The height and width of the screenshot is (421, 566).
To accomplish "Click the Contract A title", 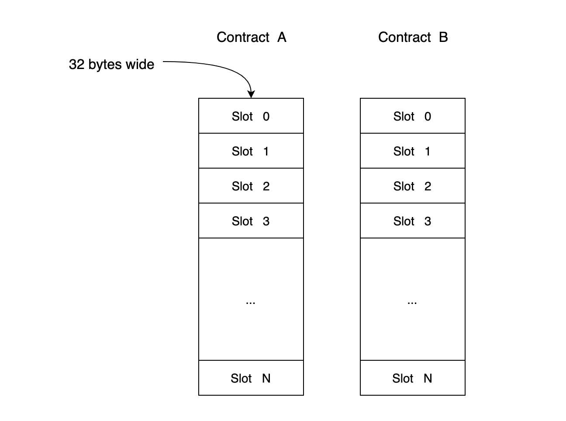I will click(251, 38).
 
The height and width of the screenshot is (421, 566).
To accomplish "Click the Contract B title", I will click(413, 38).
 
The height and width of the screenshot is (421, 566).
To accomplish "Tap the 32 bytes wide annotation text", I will click(111, 65).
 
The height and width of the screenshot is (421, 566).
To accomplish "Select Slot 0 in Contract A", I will click(251, 116).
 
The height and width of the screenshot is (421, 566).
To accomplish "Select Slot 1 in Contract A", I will click(251, 151).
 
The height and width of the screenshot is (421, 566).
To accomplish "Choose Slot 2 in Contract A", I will click(251, 186).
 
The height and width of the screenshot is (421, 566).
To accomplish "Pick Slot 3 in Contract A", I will click(251, 221).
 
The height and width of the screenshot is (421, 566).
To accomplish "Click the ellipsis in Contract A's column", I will click(251, 302).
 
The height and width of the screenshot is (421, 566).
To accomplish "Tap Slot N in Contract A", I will click(251, 378).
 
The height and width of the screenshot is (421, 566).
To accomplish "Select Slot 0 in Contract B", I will click(412, 116).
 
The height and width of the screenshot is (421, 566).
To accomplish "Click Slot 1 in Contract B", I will click(412, 151).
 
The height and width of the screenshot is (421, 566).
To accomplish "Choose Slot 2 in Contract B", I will click(412, 186).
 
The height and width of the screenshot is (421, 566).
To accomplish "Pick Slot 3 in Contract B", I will click(412, 221).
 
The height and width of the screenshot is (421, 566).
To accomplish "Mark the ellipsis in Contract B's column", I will click(412, 302).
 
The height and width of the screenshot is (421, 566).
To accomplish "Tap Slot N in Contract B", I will click(412, 378).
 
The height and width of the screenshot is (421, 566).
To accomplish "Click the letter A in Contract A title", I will click(282, 38).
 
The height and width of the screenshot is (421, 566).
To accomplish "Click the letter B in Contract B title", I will click(443, 38).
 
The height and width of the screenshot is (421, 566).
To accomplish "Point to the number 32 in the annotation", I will click(76, 65).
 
